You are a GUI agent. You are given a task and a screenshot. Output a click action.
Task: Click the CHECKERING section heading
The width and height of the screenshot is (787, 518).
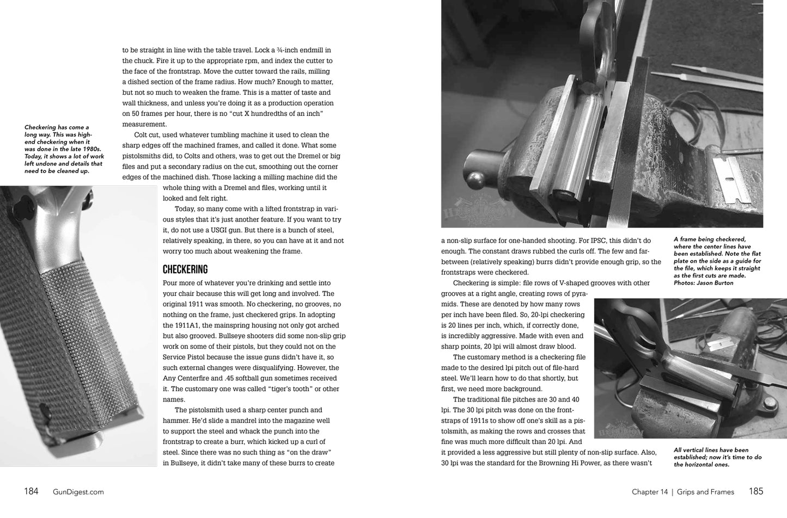pyautogui.click(x=185, y=269)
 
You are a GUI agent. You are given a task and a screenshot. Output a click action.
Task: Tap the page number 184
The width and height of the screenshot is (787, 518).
pyautogui.click(x=31, y=491)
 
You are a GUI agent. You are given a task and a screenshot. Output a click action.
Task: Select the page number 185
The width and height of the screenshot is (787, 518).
pyautogui.click(x=756, y=491)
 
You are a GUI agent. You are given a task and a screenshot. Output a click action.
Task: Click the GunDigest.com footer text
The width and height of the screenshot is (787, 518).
pyautogui.click(x=78, y=492)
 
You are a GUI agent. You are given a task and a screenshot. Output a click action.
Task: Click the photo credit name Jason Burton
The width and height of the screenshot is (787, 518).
pyautogui.click(x=715, y=283)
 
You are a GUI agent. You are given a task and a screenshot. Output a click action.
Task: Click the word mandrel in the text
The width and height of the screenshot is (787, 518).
pyautogui.click(x=247, y=421)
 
